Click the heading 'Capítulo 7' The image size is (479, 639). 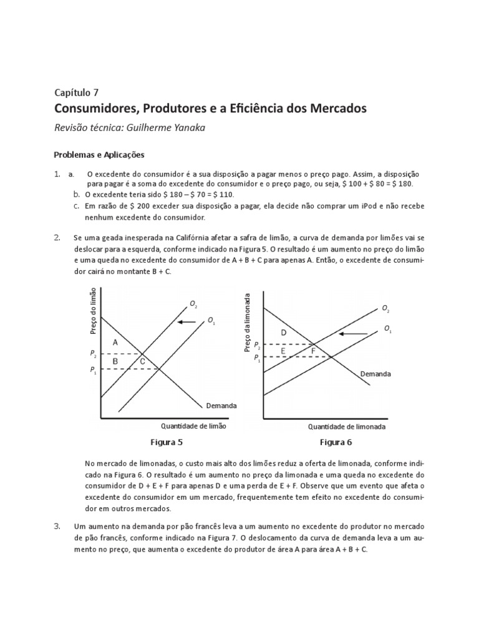coord(81,93)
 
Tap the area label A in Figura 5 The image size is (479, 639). coord(115,343)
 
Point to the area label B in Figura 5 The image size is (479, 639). coord(115,361)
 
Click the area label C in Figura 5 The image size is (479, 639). coord(142,361)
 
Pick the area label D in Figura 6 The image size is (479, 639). coord(283,333)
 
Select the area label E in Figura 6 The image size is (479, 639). coord(283,351)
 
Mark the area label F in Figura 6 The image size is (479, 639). coord(313,351)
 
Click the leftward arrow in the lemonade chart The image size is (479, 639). coord(353,334)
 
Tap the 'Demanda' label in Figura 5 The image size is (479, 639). coord(221,406)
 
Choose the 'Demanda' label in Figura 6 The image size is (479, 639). coord(375,374)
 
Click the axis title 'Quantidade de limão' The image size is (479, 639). coord(194,426)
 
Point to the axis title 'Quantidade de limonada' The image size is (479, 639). coord(347,427)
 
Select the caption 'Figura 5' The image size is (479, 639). coord(167,442)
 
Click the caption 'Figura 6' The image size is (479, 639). coord(336,442)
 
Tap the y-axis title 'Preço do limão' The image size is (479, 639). coord(94,311)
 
